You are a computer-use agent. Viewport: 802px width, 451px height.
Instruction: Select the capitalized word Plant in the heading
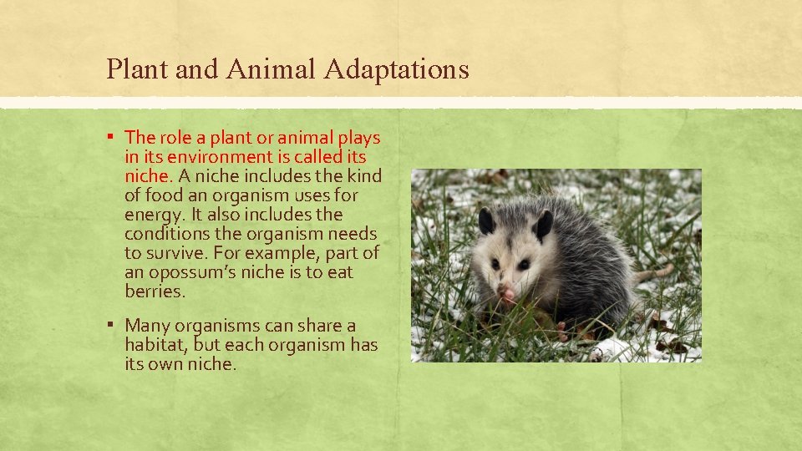tap(136, 69)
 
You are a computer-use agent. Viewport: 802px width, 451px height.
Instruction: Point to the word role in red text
tap(175, 138)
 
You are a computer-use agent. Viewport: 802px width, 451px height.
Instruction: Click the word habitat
tap(155, 345)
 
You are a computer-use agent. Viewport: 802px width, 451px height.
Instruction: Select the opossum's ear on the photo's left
tap(486, 220)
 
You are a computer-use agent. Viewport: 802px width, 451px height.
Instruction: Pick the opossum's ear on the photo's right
tap(542, 225)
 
